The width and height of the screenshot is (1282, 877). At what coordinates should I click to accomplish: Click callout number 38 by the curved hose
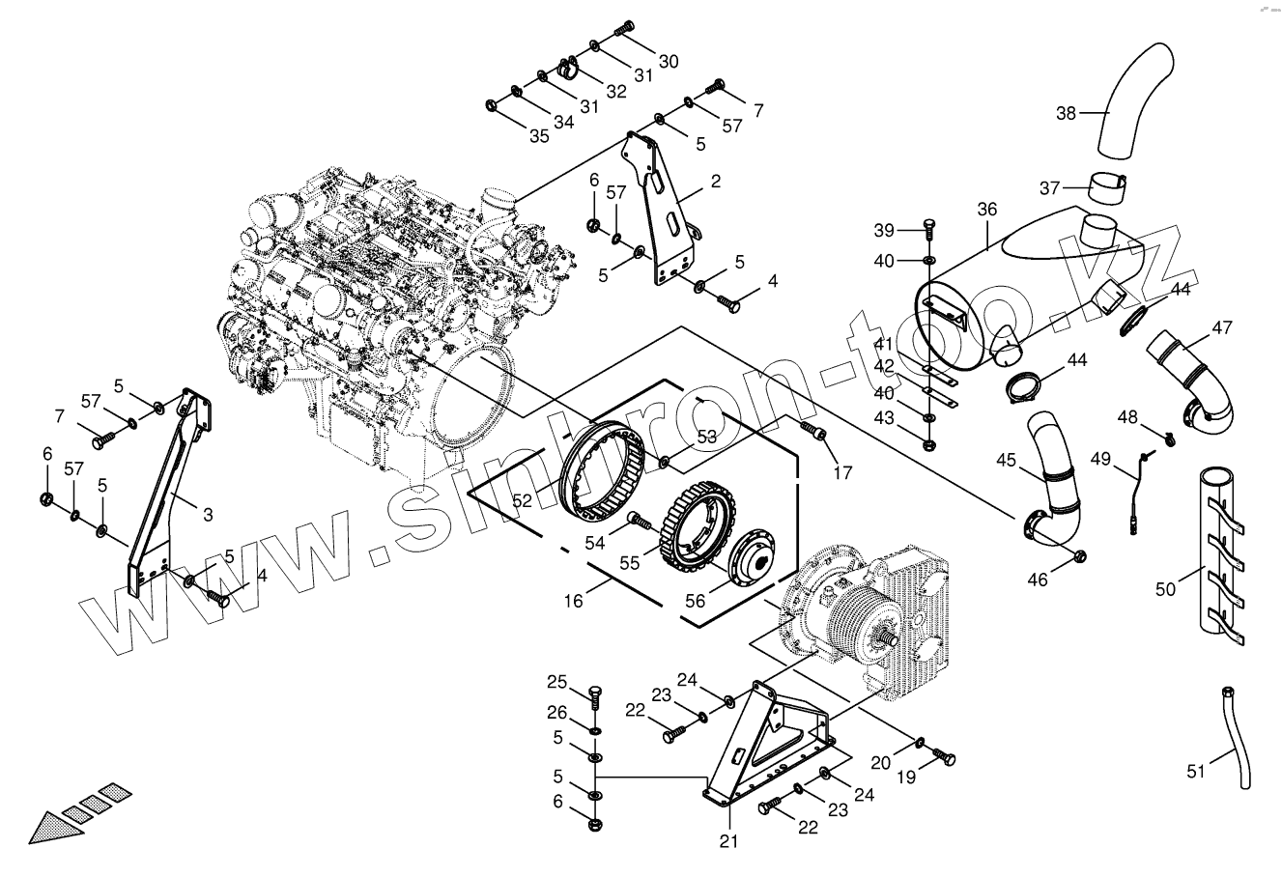coord(1066,113)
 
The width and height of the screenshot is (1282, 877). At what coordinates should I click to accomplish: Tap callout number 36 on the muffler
coord(986,210)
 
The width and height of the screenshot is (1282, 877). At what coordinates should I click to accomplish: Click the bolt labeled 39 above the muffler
coord(928,230)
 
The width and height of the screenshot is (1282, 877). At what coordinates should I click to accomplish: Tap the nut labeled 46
coord(1081,556)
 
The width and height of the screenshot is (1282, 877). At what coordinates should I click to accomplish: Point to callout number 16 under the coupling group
coord(574,601)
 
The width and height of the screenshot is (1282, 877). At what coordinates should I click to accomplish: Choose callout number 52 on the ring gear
coord(523,500)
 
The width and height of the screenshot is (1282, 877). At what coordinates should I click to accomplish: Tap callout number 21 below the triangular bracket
coord(728,840)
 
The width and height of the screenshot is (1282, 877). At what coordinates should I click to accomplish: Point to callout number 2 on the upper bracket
coord(715,181)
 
